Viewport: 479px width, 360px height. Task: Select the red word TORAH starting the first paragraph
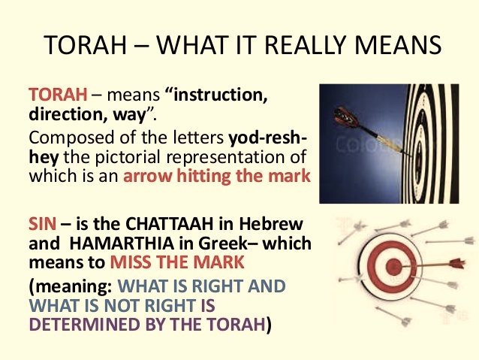58,94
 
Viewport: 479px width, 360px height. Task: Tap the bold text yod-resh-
268,138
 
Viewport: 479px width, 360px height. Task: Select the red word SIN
42,223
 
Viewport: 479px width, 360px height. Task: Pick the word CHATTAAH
170,223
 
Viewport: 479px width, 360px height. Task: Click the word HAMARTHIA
122,244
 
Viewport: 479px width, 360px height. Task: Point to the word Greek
222,244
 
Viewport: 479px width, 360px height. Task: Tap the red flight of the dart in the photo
346,118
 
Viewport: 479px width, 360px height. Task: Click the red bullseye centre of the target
393,267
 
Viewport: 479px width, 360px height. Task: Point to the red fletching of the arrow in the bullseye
457,263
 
